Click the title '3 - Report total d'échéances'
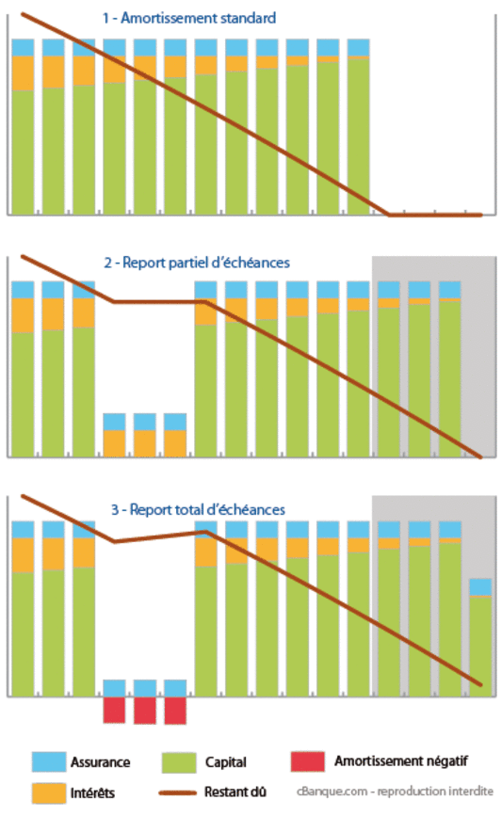[x=197, y=509]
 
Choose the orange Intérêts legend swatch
[x=47, y=792]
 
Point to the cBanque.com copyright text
[x=395, y=792]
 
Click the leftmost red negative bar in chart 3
[x=114, y=710]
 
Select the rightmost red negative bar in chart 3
[x=175, y=710]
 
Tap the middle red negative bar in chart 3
[x=145, y=710]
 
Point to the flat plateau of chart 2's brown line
[x=160, y=301]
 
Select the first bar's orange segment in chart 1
[x=23, y=73]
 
